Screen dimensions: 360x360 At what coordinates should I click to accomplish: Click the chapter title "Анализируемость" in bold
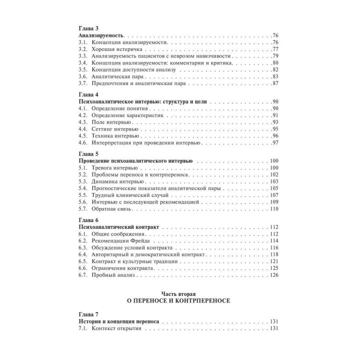pyautogui.click(x=102, y=37)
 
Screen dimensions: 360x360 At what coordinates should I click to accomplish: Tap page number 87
pyautogui.click(x=275, y=82)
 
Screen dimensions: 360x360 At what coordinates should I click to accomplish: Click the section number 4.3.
pyautogui.click(x=84, y=122)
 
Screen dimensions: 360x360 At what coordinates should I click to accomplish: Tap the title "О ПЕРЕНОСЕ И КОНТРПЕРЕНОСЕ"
pyautogui.click(x=179, y=301)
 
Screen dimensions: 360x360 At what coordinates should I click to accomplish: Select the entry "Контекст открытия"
pyautogui.click(x=117, y=329)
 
